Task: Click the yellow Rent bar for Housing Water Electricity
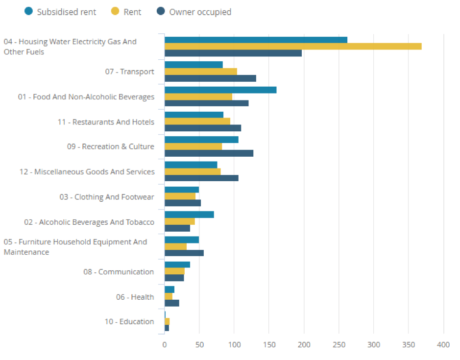point(293,46)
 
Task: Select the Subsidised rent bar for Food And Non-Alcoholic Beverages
point(220,90)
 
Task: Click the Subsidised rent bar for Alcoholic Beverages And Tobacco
point(189,215)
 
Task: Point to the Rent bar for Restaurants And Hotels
point(197,121)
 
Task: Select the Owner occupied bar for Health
point(172,303)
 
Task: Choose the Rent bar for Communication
point(174,271)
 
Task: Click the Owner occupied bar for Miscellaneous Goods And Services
point(201,178)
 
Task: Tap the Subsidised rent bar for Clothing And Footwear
point(182,190)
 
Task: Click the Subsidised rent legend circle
point(28,11)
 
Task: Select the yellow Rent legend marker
point(115,11)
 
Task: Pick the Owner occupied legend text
point(200,12)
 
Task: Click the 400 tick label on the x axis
point(443,345)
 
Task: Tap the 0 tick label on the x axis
point(165,345)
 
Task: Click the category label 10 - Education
point(129,322)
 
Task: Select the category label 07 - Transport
point(129,72)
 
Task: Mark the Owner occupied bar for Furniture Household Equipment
point(184,253)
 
